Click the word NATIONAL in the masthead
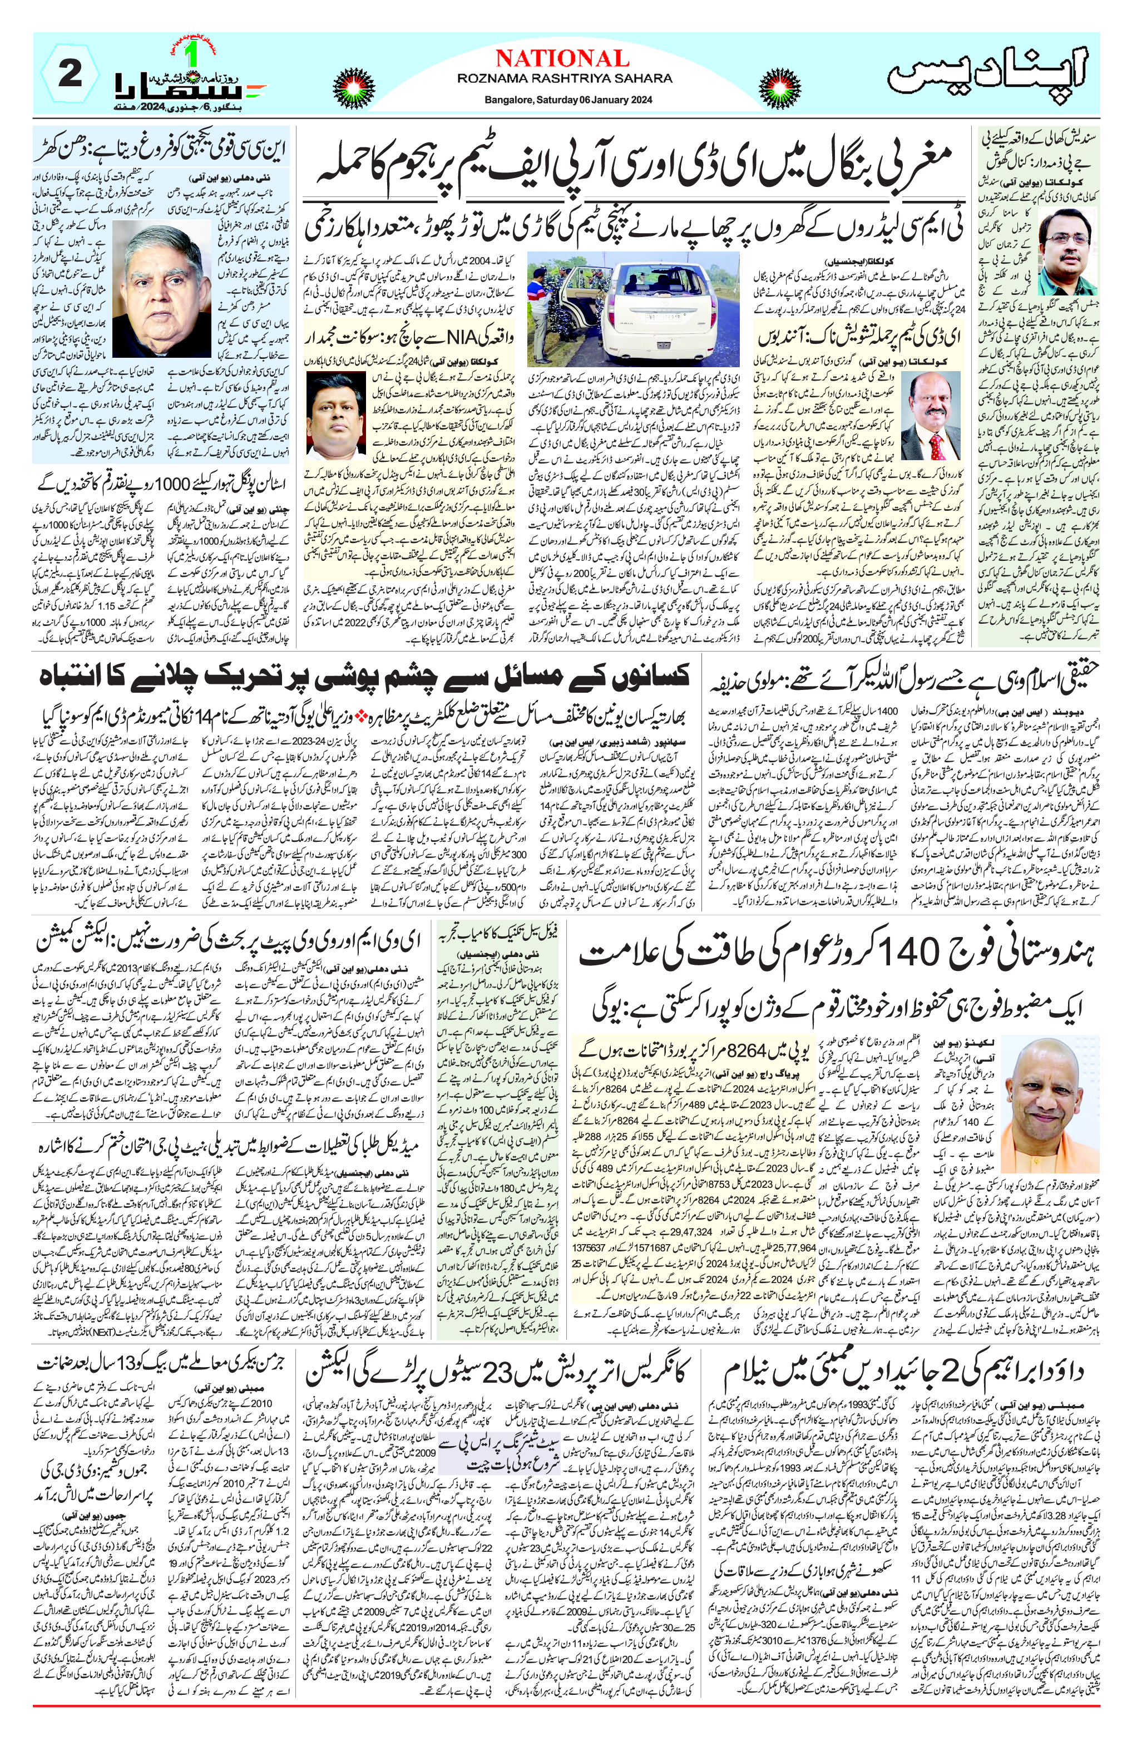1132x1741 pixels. (x=562, y=58)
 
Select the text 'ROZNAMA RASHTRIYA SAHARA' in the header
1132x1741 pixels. (x=562, y=78)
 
